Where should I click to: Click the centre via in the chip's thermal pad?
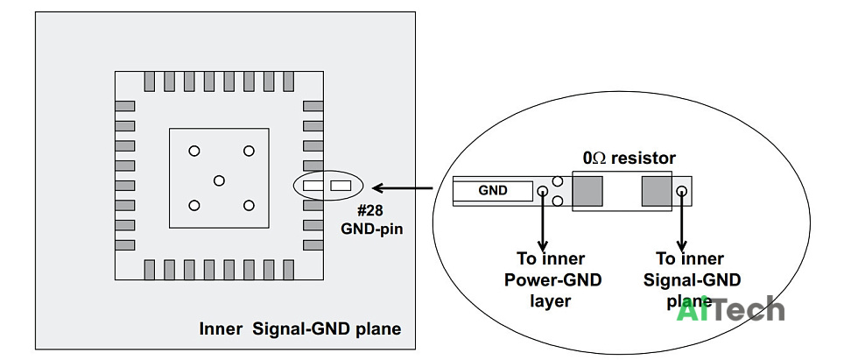[219, 180]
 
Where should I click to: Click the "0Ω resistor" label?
[629, 159]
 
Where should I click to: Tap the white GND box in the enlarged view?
[493, 191]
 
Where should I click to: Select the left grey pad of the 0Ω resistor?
[587, 191]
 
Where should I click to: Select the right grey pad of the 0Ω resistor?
[656, 191]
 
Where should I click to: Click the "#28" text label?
[370, 210]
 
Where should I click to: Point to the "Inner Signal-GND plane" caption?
[300, 328]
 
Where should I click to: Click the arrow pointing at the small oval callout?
[403, 187]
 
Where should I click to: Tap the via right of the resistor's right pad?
[681, 191]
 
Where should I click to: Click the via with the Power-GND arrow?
[543, 190]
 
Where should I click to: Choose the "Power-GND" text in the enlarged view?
[552, 280]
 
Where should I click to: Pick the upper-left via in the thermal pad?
[194, 152]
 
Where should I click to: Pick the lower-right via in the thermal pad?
[248, 205]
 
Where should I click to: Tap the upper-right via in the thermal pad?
[248, 152]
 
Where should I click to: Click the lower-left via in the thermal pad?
[194, 205]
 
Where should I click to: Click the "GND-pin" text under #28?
[372, 229]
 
